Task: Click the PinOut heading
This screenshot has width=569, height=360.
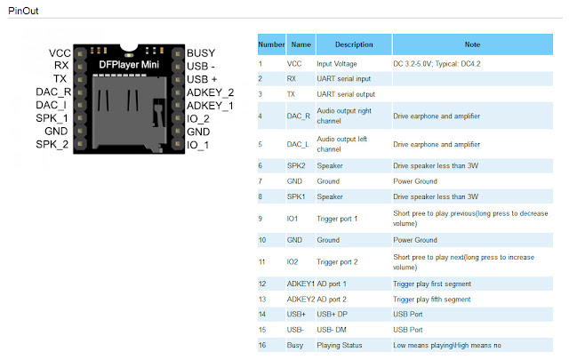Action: (26, 10)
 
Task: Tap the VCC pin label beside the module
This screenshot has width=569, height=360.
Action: (60, 53)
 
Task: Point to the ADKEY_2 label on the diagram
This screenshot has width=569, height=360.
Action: (211, 92)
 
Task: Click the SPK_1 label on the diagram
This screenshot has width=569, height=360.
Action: (52, 118)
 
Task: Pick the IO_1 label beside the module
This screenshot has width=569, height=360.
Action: (198, 145)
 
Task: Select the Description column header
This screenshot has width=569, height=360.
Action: (353, 44)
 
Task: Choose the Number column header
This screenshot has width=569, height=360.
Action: (270, 44)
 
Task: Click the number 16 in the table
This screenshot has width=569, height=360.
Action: (262, 344)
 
